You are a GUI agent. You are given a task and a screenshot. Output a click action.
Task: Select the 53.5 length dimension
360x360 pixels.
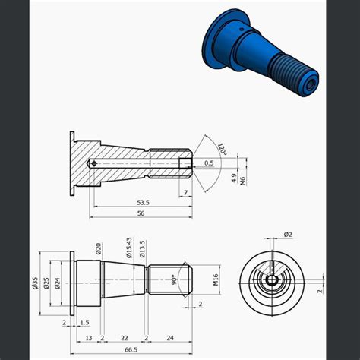pyautogui.click(x=142, y=203)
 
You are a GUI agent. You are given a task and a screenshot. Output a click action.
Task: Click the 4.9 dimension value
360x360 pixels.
pyautogui.click(x=233, y=179)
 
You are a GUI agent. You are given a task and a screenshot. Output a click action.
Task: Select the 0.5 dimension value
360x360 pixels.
pyautogui.click(x=208, y=163)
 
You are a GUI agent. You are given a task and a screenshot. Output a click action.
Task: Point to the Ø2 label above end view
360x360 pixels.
pyautogui.click(x=287, y=235)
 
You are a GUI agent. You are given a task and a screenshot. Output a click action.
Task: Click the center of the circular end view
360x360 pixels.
pyautogui.click(x=271, y=279)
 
